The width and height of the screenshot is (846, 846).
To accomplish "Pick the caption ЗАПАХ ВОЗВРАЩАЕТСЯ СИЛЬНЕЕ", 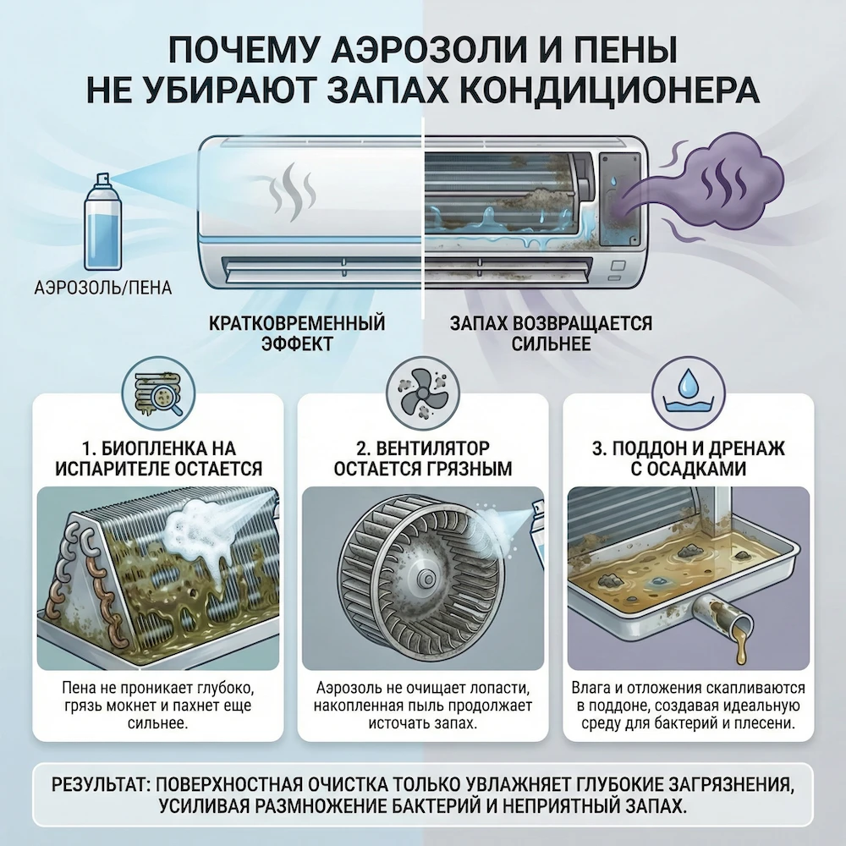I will pos(550,334).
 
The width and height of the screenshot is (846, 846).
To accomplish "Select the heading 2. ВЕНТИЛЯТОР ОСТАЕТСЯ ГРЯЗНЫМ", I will pos(423,458).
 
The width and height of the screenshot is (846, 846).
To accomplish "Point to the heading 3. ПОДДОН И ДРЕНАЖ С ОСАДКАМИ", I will pos(685,458).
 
